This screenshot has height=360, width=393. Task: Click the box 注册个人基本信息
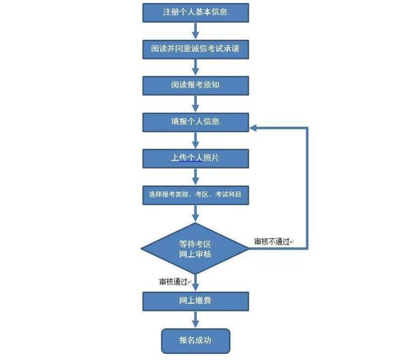195,13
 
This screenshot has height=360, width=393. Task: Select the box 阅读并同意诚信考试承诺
195,49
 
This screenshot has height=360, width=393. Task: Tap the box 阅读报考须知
195,86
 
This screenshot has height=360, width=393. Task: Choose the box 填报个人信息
195,123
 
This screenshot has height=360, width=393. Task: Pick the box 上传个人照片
195,159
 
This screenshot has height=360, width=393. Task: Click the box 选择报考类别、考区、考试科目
195,195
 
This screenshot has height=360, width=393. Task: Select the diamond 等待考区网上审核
195,248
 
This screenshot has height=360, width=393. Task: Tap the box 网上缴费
195,301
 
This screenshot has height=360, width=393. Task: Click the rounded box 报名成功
195,341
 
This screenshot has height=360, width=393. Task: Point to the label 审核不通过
271,242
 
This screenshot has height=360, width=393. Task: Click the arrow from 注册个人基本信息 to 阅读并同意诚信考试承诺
195,31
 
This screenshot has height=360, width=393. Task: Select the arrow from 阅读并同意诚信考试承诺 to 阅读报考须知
195,67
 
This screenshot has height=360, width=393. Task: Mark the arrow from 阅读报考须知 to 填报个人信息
195,104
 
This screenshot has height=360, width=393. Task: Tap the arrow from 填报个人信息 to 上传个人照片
195,140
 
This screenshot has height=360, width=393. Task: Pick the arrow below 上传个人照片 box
195,177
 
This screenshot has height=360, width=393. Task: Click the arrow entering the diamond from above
195,214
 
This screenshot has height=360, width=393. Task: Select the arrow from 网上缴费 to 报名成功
195,320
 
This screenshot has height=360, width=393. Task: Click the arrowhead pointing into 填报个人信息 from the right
253,128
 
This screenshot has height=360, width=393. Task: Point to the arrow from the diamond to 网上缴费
195,283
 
